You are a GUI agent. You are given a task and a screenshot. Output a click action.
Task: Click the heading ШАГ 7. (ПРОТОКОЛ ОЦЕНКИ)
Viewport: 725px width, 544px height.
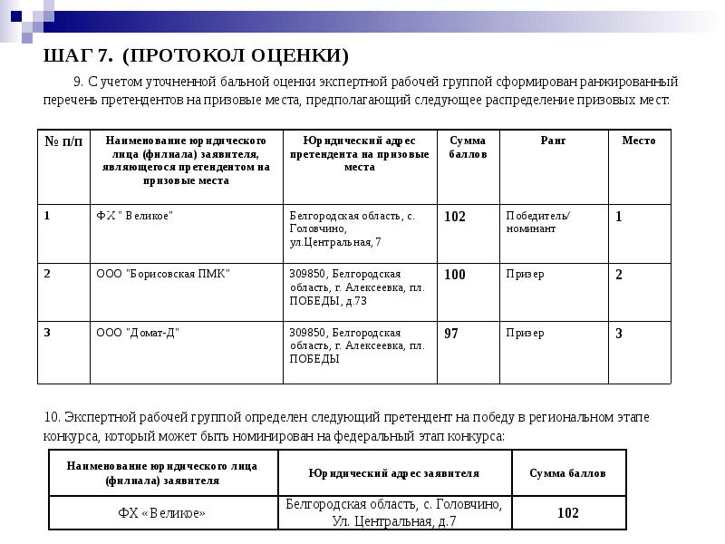196,57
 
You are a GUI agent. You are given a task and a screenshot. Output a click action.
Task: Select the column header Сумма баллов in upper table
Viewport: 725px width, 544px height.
468,148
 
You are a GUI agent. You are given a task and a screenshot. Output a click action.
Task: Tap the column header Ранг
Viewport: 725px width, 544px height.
553,141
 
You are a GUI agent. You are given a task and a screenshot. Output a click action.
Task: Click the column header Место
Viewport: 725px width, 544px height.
639,141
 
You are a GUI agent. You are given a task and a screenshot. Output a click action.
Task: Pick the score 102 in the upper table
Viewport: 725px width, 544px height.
455,217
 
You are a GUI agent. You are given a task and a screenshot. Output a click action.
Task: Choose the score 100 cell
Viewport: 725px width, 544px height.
455,275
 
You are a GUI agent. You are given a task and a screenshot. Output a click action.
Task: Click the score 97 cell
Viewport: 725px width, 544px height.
451,334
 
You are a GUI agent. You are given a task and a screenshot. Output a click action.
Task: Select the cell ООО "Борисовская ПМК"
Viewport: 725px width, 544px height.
163,274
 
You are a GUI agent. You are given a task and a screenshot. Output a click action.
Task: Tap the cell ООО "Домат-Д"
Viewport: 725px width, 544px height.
138,333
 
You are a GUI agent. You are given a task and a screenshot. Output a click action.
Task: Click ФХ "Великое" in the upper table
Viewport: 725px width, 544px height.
134,216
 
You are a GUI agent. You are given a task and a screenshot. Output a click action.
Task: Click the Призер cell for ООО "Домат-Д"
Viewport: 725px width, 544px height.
525,333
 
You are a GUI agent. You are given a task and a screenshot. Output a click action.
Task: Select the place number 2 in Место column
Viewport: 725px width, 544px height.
619,275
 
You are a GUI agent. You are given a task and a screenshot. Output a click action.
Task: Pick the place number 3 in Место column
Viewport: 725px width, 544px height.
619,334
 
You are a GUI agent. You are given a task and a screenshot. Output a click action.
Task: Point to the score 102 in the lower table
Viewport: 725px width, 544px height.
568,513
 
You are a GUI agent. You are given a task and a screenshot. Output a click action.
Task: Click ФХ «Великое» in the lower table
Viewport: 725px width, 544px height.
162,513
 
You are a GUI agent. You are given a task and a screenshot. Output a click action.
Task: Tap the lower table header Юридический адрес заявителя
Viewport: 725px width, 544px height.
393,473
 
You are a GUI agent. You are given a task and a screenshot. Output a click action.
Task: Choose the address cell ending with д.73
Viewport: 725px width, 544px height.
357,287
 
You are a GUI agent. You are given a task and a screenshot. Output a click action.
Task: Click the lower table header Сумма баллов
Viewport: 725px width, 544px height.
568,473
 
